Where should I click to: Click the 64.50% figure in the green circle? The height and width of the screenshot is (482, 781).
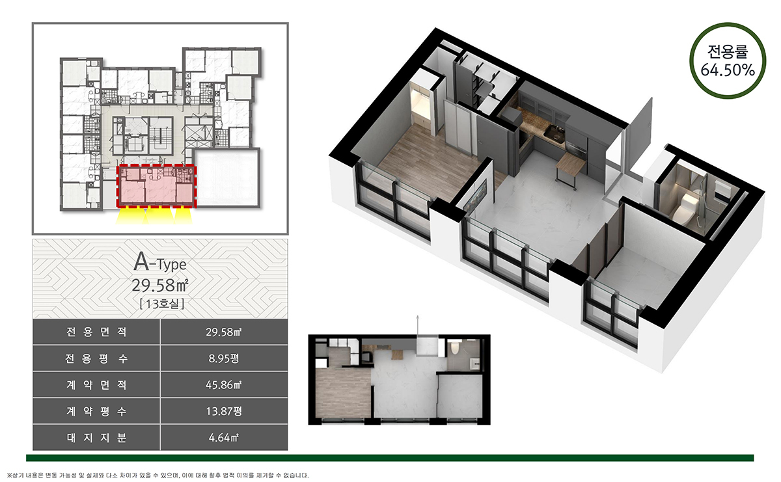coord(728,70)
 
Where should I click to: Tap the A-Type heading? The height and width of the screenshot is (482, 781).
coord(160,262)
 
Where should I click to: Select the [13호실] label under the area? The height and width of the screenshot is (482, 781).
coord(161,304)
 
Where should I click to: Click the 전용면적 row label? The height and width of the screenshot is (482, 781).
coord(96,332)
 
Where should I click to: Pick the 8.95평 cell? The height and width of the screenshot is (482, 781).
coord(224,358)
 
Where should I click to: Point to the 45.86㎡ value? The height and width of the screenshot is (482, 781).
coord(224,385)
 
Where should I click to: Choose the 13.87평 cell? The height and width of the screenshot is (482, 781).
coord(224,411)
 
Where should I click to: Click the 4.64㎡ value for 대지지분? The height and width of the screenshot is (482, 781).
coord(224,438)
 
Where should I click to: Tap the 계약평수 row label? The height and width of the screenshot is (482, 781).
coord(96,411)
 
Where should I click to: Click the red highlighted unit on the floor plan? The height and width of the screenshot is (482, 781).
coord(157,186)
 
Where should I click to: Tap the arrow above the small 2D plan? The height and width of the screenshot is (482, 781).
coord(418,325)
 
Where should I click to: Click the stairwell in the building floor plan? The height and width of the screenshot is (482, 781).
coord(161,135)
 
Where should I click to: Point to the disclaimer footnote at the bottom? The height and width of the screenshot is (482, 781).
coord(158,475)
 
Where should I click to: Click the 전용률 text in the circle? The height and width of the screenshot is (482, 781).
coord(728,51)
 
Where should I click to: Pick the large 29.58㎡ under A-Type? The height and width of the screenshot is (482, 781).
coord(160,286)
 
